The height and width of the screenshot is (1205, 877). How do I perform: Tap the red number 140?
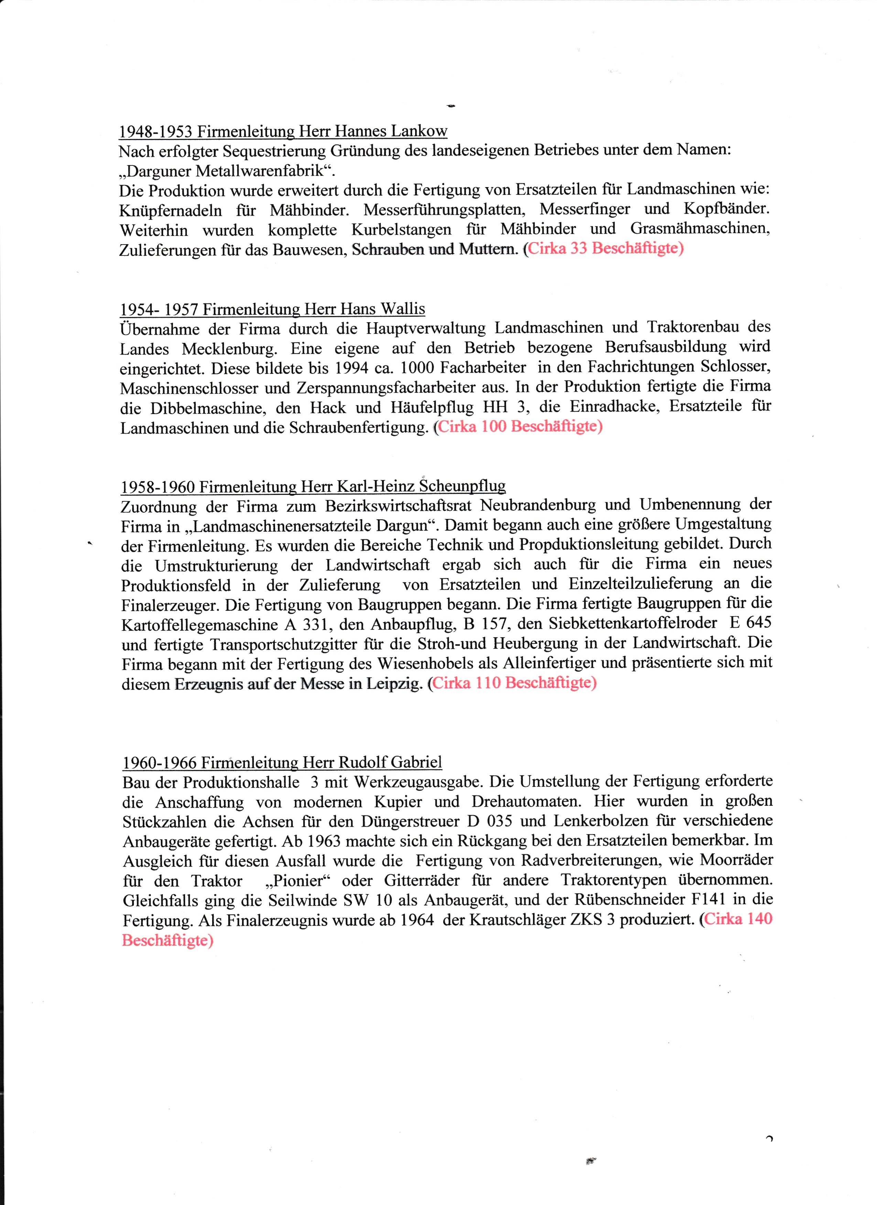coord(760,920)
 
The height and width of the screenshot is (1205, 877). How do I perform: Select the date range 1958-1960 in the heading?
coord(158,487)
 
